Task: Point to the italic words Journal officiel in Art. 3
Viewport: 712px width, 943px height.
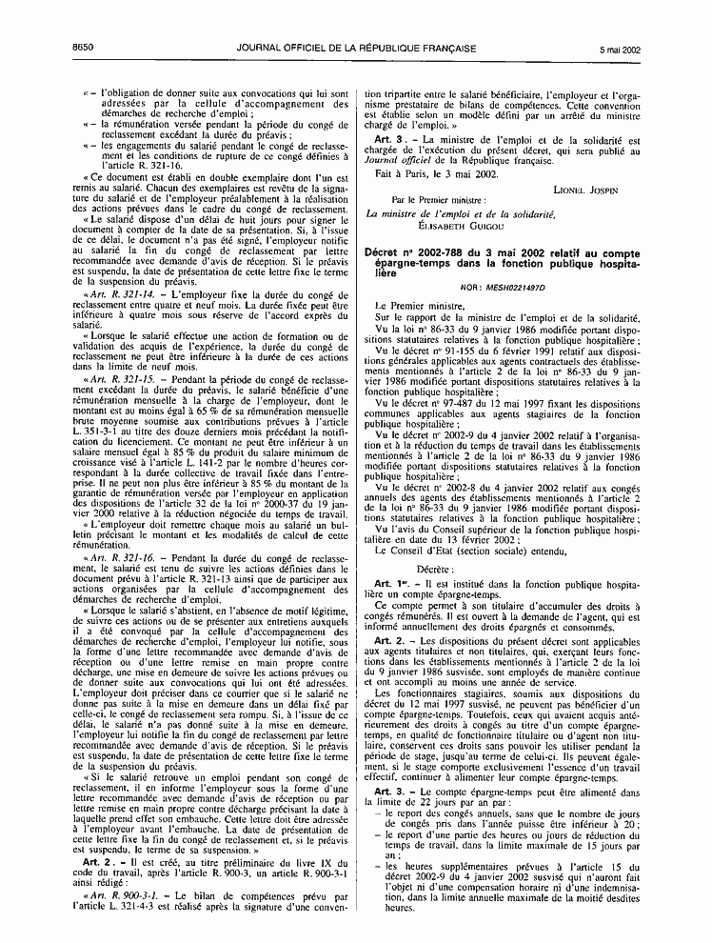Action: pyautogui.click(x=406, y=160)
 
